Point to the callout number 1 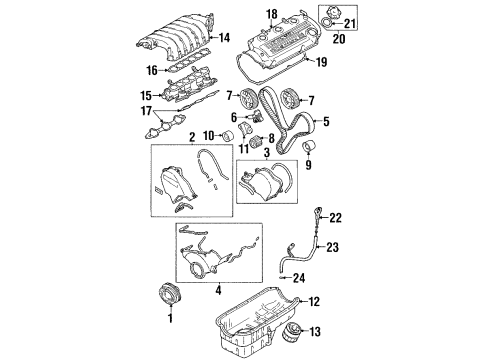(x=170, y=319)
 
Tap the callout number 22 (x=336, y=218)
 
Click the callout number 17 (x=149, y=111)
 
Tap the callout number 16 (x=152, y=71)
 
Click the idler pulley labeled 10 (x=232, y=136)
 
